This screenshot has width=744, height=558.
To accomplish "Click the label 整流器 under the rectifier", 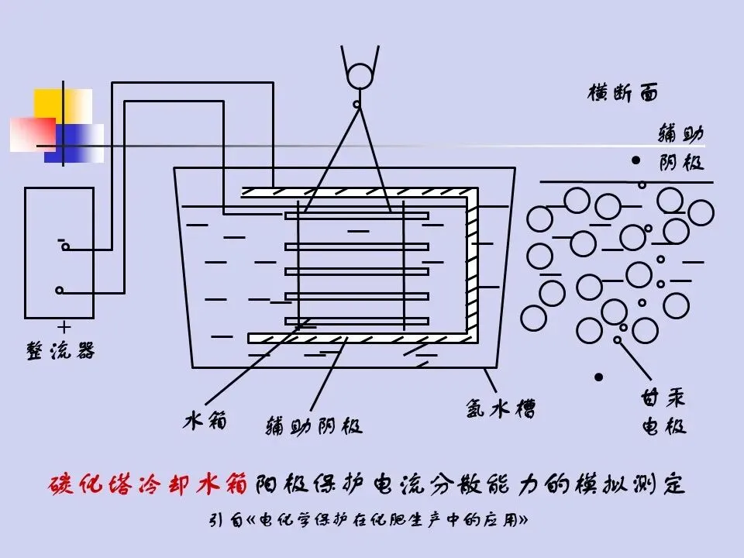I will [x=61, y=350].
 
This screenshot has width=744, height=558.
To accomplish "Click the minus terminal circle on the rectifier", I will [x=66, y=248].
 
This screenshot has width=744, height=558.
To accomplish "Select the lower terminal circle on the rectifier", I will [x=60, y=291].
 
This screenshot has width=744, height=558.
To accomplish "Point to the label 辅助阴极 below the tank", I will [x=314, y=425].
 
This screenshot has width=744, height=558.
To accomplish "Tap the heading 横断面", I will [x=623, y=94].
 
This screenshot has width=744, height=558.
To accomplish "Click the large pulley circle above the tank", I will [x=360, y=77].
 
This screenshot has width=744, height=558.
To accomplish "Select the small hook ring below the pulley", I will [x=357, y=104].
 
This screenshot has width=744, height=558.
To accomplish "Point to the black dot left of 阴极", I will [x=636, y=162].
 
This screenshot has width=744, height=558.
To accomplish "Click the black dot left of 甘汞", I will [x=598, y=377].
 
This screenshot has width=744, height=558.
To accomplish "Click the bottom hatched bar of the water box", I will [x=356, y=338].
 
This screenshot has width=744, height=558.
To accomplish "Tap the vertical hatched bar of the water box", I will [x=472, y=263].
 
